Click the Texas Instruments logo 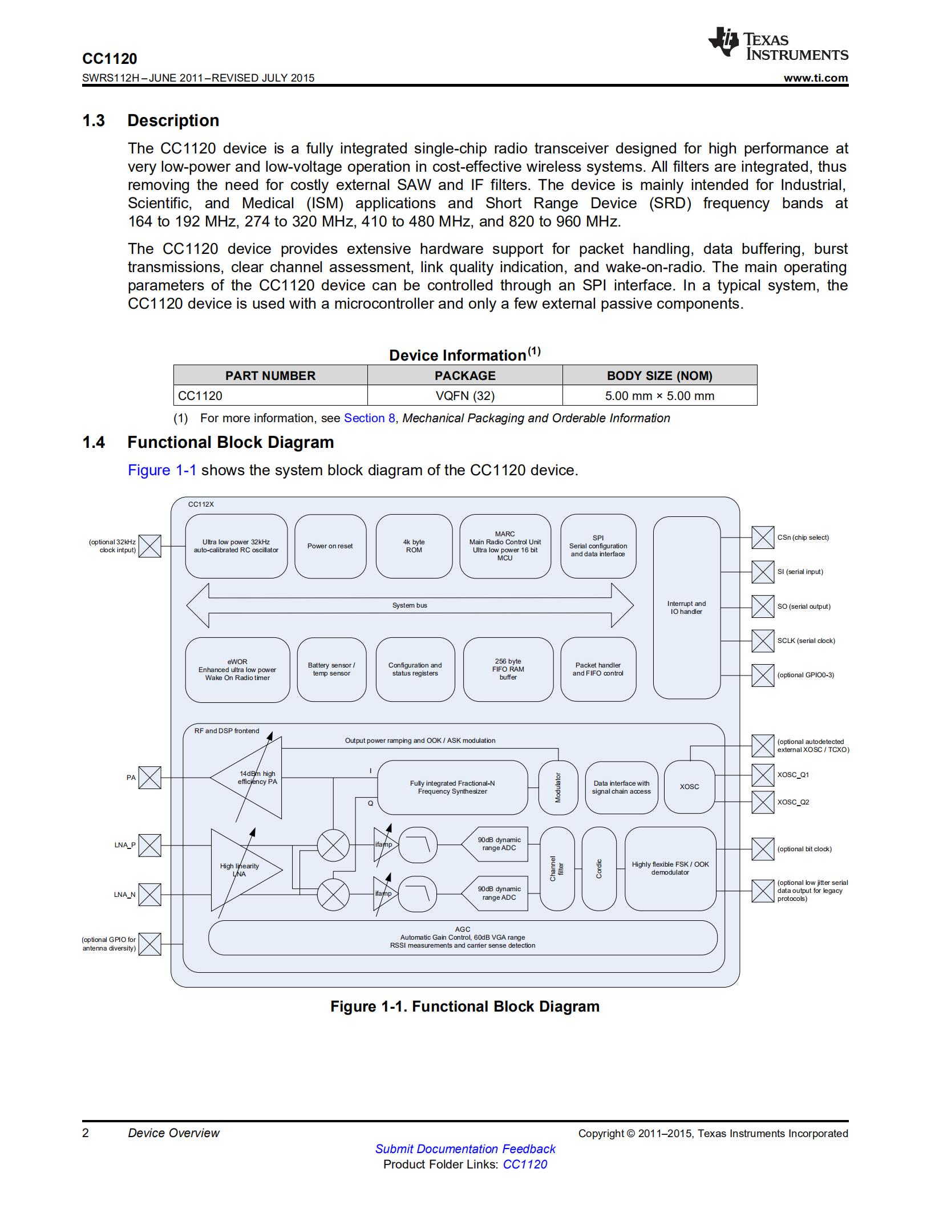778,43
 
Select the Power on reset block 330,546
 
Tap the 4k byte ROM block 414,546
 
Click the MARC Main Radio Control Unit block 505,546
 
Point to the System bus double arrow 410,605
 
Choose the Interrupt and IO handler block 687,608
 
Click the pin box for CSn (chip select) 763,537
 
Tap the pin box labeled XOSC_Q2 763,802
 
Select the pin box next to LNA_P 150,846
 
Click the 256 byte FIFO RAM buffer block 508,669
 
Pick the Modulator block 558,787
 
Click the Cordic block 599,869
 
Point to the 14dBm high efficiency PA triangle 246,778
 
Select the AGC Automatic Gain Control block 463,937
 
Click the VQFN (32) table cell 465,395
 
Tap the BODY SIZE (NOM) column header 659,375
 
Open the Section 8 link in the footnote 369,418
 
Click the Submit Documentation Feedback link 465,1149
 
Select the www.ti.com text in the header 816,78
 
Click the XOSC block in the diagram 689,787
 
